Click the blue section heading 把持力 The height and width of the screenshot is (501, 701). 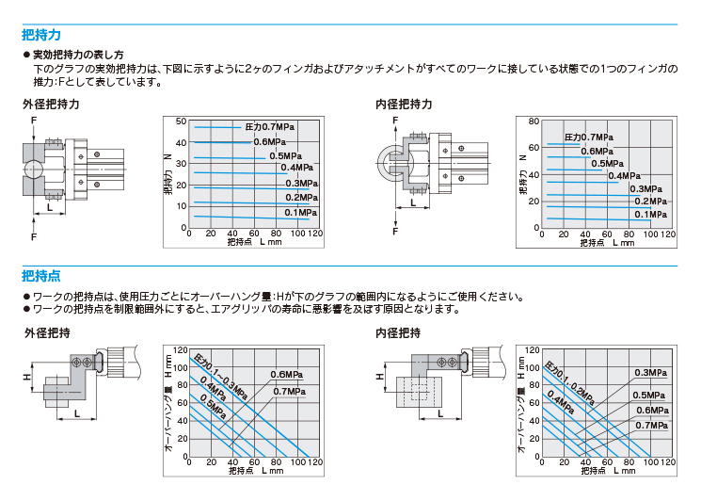pyautogui.click(x=41, y=35)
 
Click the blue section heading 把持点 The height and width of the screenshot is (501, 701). pyautogui.click(x=41, y=276)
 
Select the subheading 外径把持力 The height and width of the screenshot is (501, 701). pyautogui.click(x=51, y=105)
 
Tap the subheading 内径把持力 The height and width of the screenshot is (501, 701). pyautogui.click(x=404, y=105)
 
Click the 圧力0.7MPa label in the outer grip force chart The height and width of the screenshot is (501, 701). pyautogui.click(x=270, y=127)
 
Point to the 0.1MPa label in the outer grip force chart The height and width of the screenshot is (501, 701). pyautogui.click(x=301, y=213)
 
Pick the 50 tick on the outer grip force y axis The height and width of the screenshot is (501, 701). pyautogui.click(x=181, y=121)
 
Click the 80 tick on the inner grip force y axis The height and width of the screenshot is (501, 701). pyautogui.click(x=534, y=121)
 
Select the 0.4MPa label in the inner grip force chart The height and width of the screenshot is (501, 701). pyautogui.click(x=624, y=176)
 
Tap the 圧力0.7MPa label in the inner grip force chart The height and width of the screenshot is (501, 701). pyautogui.click(x=589, y=137)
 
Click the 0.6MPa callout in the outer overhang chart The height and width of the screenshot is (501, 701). pyautogui.click(x=287, y=375)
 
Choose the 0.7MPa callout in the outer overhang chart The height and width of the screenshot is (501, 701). pyautogui.click(x=289, y=392)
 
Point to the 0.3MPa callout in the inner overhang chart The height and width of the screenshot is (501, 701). pyautogui.click(x=651, y=373)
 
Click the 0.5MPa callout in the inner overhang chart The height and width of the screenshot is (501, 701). pyautogui.click(x=648, y=396)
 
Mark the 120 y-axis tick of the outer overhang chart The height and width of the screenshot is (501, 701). pyautogui.click(x=180, y=350)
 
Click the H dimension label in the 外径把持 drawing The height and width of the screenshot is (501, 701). pyautogui.click(x=27, y=377)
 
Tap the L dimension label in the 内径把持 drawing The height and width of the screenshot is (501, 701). pyautogui.click(x=440, y=413)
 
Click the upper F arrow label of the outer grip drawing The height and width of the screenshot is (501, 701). pyautogui.click(x=34, y=121)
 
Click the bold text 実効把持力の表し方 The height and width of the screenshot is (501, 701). pyautogui.click(x=78, y=55)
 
